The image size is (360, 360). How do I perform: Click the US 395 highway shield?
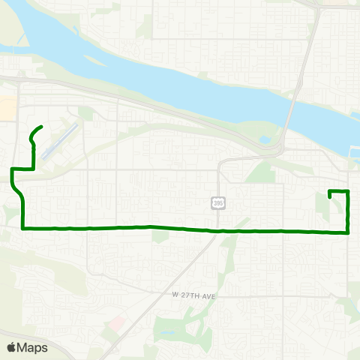[x=217, y=203]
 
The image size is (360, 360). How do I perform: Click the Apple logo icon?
[x=12, y=347]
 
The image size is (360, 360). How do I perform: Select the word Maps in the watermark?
[x=33, y=347]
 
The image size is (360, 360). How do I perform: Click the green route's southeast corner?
[x=349, y=232]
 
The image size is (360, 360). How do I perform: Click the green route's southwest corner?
[x=24, y=226]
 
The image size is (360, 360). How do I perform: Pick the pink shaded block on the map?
[x=117, y=325]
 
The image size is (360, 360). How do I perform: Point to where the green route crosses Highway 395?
[x=218, y=230]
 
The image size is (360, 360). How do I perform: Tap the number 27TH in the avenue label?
[x=190, y=296]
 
